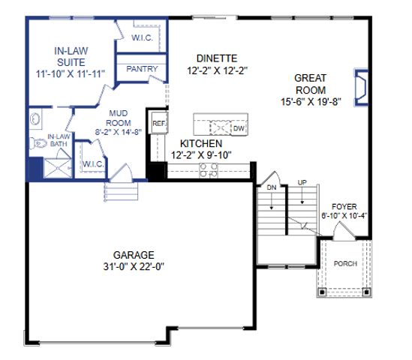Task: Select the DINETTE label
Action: pos(217,58)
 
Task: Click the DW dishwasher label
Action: pos(239,128)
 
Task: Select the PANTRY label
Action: pos(141,68)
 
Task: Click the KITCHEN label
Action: pos(200,142)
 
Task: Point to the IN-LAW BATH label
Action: pos(59,139)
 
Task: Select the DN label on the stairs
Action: pos(272,187)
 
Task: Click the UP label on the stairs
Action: pos(302,182)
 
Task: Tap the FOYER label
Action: pos(344,206)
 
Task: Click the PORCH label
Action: pos(346,263)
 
